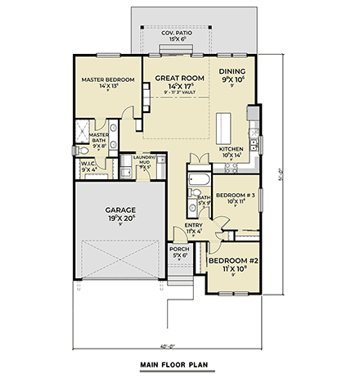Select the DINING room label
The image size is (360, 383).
(232, 72)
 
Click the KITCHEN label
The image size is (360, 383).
(231, 148)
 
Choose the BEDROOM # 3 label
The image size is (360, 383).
(232, 195)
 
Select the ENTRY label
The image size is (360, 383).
(193, 224)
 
